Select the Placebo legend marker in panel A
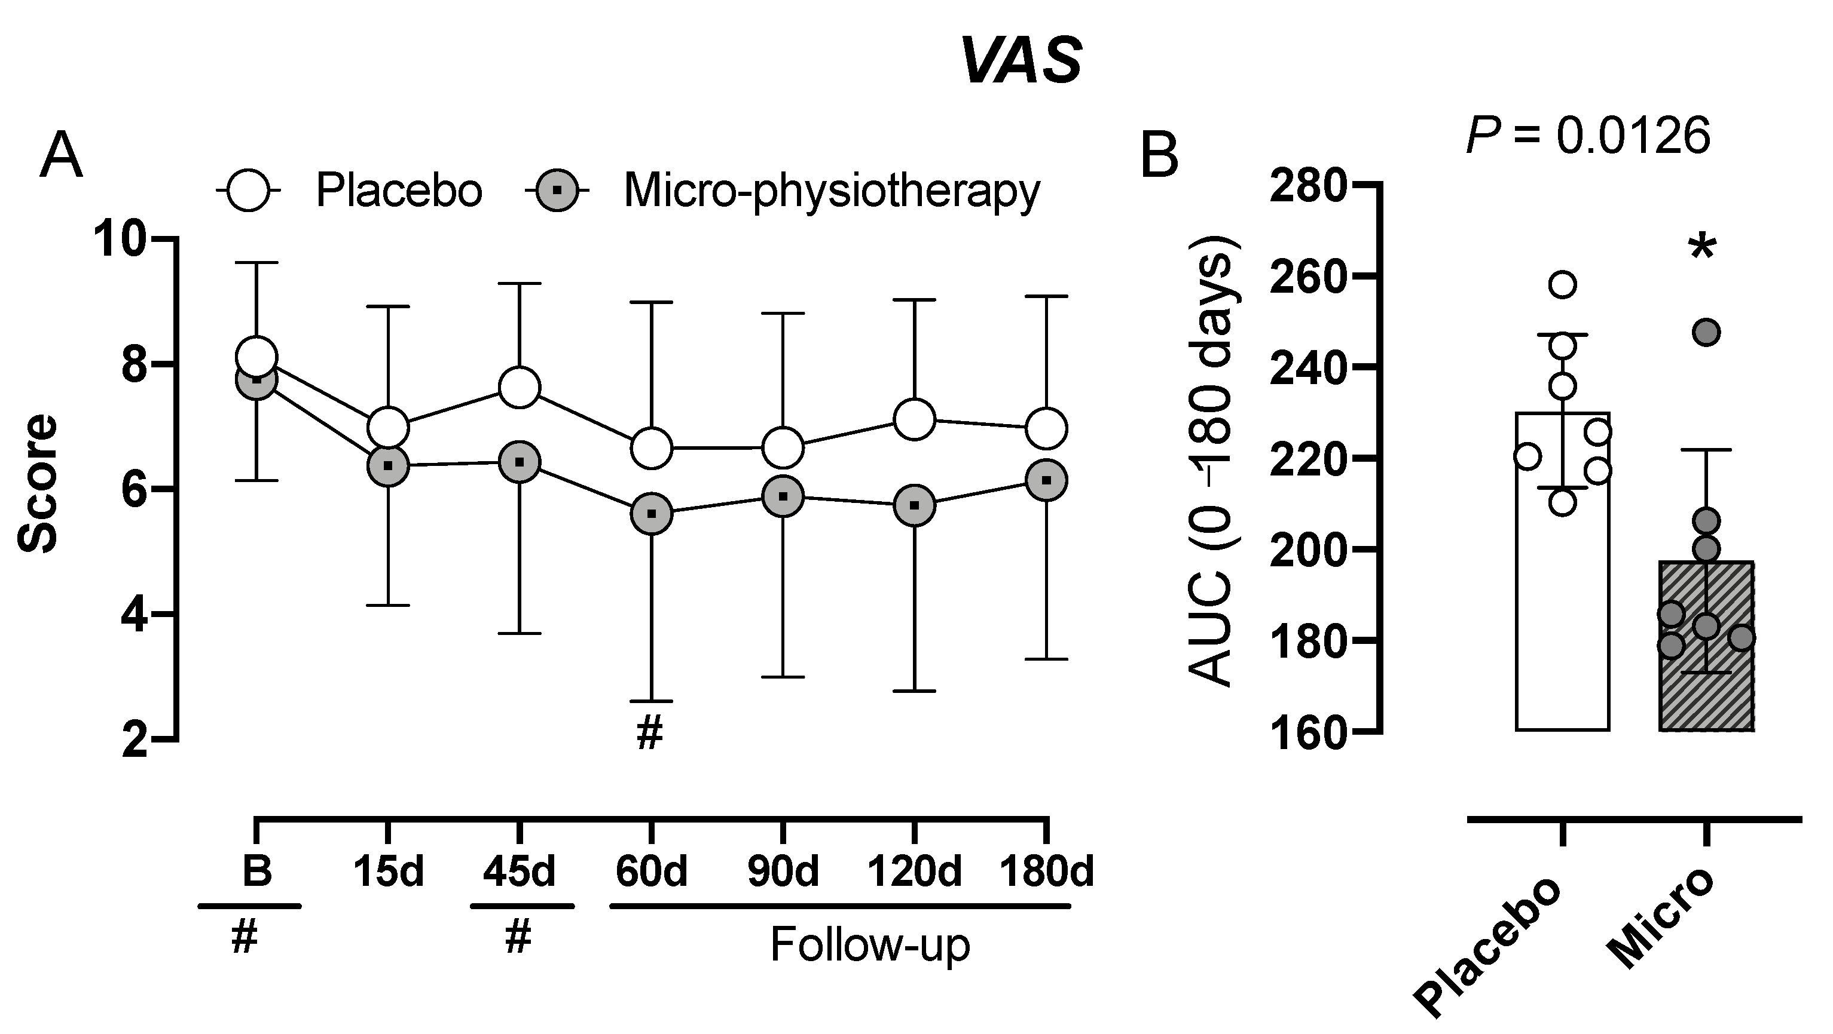tap(248, 191)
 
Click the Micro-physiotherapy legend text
tap(831, 191)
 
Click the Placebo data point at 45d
tap(520, 388)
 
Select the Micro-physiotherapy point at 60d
tap(651, 513)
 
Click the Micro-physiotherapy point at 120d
tap(914, 505)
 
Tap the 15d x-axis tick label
tap(389, 871)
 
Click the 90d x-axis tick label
tap(783, 871)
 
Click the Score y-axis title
tap(37, 484)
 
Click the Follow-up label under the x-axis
tap(869, 945)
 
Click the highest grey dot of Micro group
tap(1706, 332)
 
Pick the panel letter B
tap(1159, 157)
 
